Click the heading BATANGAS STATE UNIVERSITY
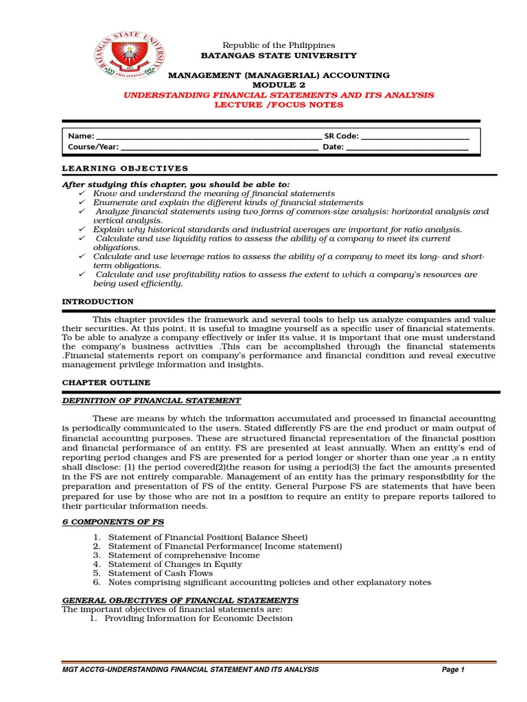pos(278,56)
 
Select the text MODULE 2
pos(278,85)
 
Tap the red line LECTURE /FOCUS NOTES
pos(278,105)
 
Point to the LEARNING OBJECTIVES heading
pos(125,169)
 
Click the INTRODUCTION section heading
pos(98,302)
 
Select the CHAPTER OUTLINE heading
pos(106,383)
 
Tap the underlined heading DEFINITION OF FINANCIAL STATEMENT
pos(152,400)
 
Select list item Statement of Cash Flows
pos(159,573)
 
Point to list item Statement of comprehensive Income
pos(182,555)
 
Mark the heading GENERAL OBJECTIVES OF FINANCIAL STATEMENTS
pos(180,600)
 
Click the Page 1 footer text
pos(454,670)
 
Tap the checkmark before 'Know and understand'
pos(82,194)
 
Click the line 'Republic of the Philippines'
pos(278,45)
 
